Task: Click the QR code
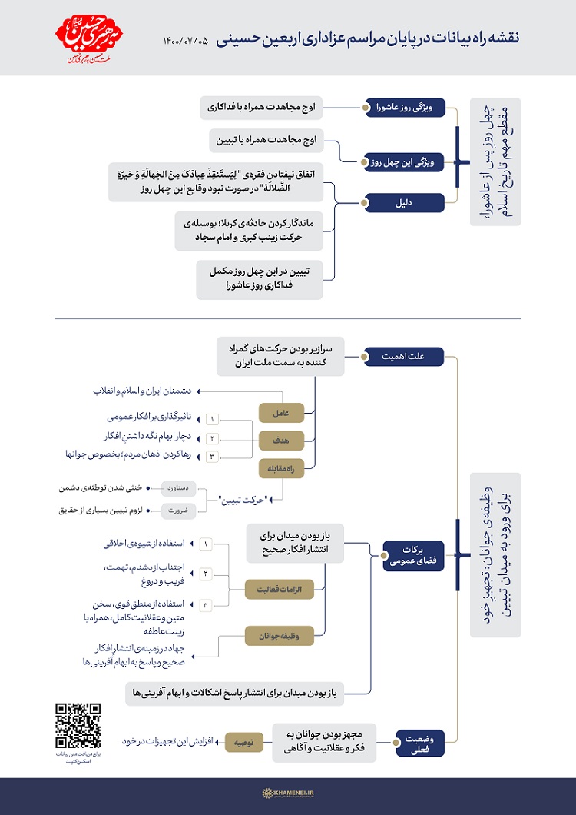pos(79,726)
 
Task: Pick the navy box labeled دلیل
pos(404,203)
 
